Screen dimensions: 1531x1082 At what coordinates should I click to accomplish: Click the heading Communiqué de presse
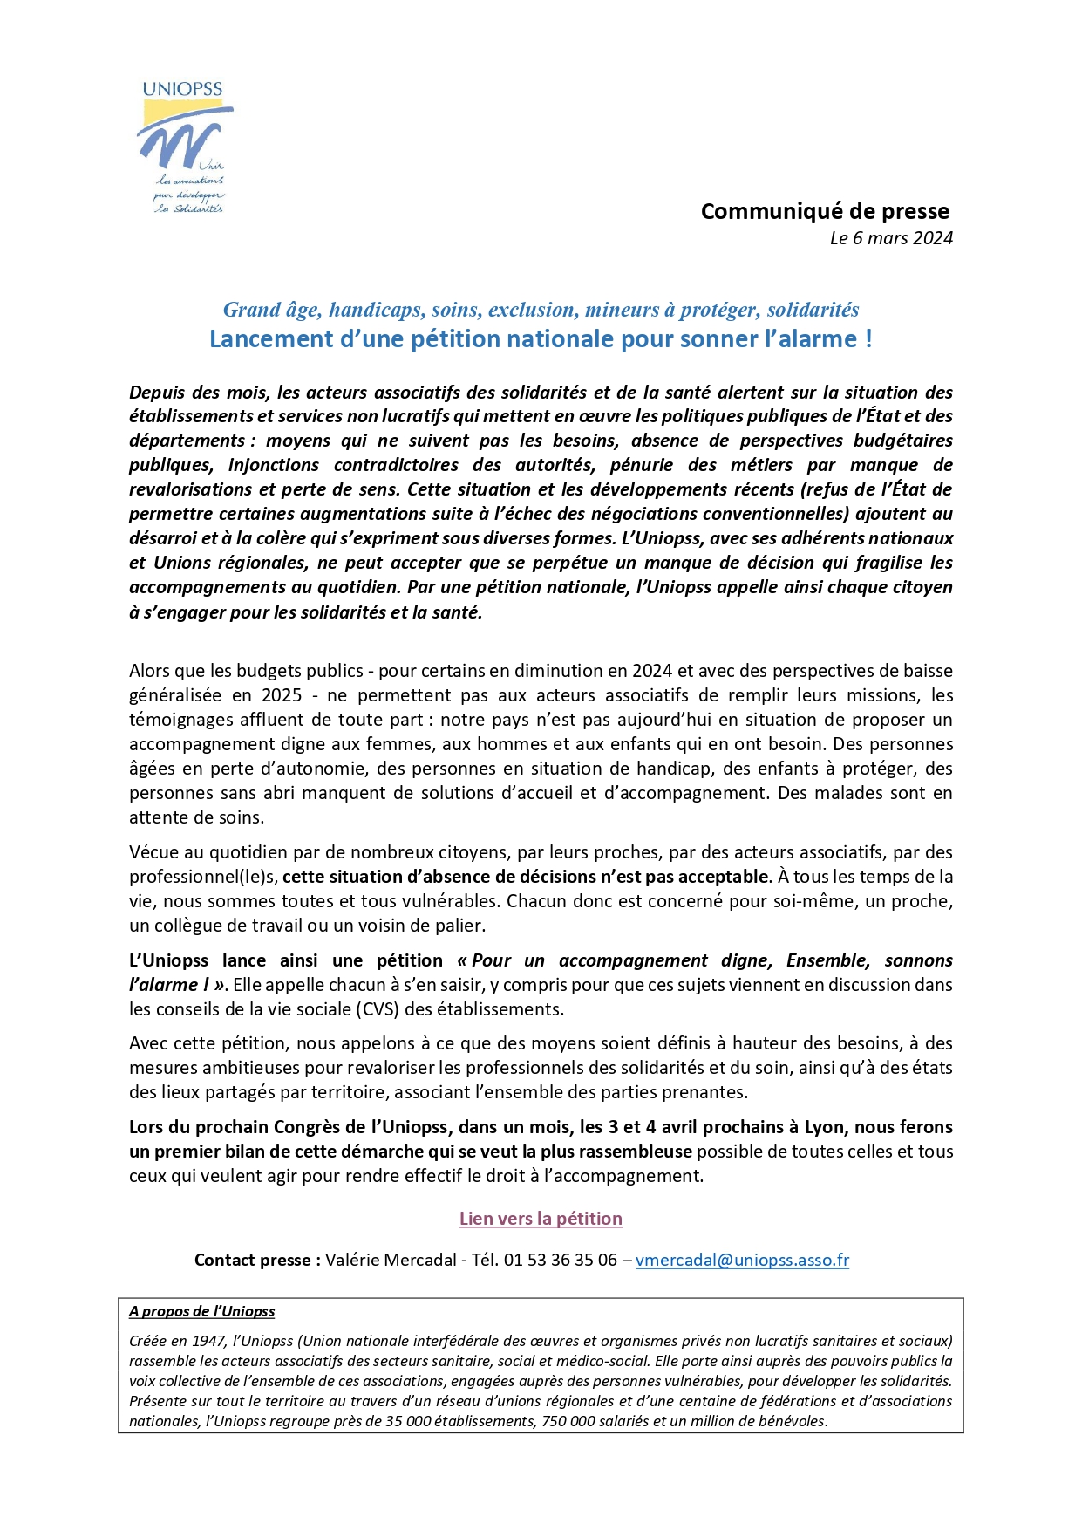pos(824,211)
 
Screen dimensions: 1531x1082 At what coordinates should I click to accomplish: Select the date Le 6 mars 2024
pos(890,238)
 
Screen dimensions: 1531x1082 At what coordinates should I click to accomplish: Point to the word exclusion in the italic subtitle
pos(533,310)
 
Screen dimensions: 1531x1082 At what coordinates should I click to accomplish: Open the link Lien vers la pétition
pos(541,1219)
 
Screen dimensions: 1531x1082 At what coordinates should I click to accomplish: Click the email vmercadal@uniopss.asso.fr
pos(742,1260)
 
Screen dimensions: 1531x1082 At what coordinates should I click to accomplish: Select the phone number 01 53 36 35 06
pos(560,1260)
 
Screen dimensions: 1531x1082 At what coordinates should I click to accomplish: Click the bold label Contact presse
pos(257,1260)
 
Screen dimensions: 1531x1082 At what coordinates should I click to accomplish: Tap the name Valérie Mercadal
pos(391,1260)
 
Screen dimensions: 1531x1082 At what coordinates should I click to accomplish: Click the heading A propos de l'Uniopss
pos(201,1311)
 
